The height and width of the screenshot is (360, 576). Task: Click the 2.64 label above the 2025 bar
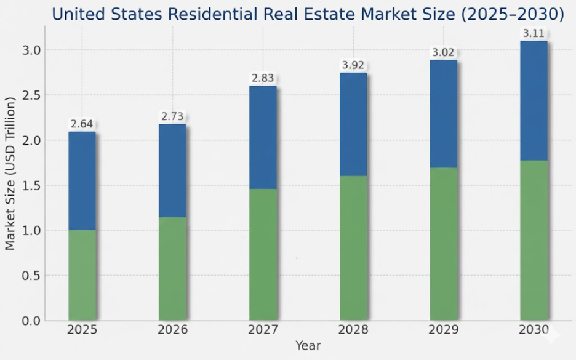82,124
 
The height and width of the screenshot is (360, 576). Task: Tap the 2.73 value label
172,116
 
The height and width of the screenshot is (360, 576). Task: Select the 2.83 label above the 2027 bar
263,78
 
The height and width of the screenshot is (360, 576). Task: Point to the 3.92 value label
353,65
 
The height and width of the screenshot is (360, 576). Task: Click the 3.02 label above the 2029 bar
444,52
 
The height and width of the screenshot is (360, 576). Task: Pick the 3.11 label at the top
534,32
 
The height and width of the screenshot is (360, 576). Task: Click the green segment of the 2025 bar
82,275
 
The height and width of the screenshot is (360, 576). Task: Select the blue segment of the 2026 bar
172,170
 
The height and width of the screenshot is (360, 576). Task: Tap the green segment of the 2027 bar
263,254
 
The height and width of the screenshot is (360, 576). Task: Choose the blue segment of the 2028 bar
353,124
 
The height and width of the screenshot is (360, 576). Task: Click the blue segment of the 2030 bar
534,101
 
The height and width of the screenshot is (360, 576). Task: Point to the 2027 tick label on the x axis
263,330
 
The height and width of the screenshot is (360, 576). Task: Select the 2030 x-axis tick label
534,330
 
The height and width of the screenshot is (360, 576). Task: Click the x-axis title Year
308,346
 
